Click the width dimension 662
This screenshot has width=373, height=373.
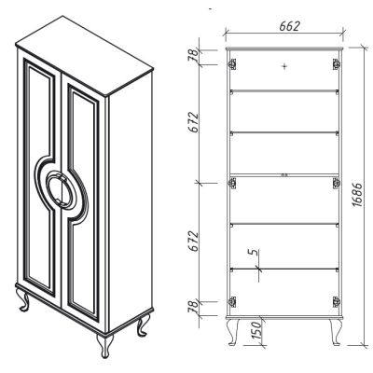point(289,26)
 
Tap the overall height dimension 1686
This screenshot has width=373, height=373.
point(357,195)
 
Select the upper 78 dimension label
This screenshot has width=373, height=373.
point(193,56)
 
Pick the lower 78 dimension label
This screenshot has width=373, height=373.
point(193,307)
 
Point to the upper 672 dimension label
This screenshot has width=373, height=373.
point(194,122)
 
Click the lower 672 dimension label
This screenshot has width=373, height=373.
point(194,242)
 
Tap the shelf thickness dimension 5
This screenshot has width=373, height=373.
point(255,252)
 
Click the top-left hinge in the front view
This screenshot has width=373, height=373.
point(232,64)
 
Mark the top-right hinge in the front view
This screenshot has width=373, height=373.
point(336,64)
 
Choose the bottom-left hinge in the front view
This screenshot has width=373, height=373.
point(232,301)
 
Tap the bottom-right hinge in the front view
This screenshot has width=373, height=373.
point(336,301)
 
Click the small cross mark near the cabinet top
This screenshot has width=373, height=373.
point(284,66)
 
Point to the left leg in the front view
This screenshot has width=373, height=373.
point(233,332)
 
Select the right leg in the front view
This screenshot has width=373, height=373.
point(336,332)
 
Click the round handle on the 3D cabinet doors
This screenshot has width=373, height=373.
point(61,189)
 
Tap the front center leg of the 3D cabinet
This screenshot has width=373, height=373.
point(104,346)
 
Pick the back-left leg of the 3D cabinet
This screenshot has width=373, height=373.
point(23,299)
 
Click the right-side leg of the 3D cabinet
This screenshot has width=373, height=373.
point(144,325)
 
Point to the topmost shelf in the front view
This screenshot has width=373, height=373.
point(284,90)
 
